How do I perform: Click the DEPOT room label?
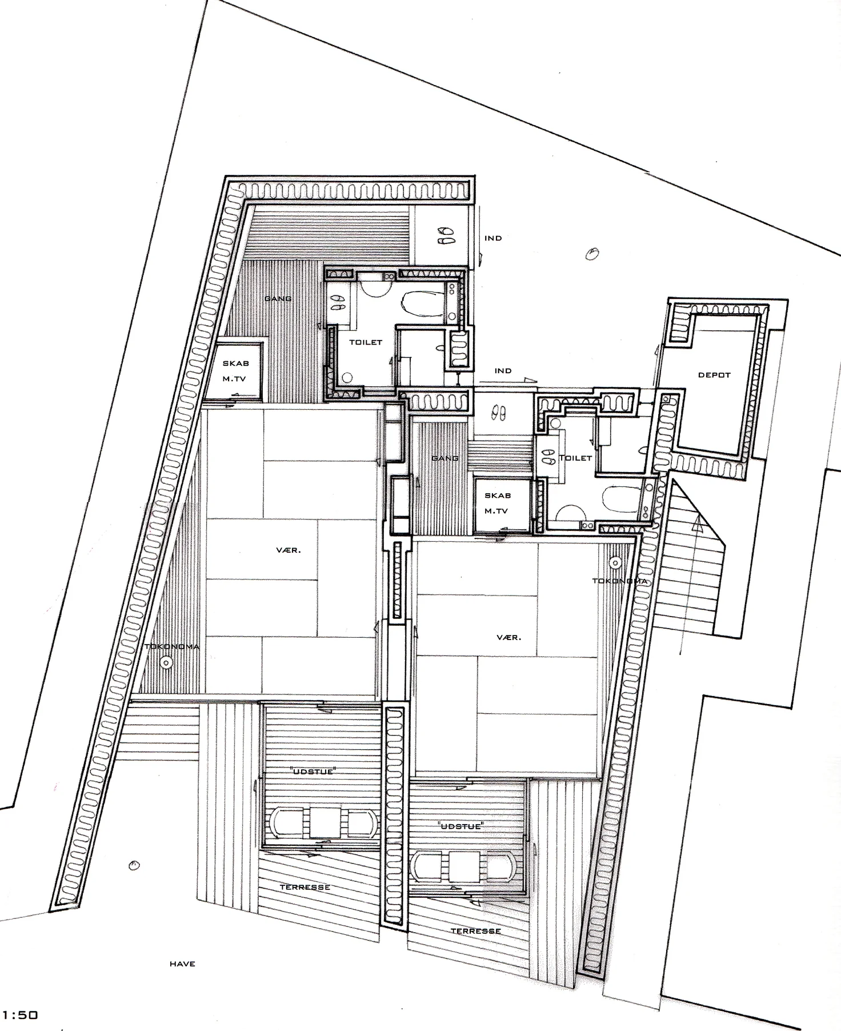714,375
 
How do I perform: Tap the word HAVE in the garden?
182,964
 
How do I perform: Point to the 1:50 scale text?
20,1016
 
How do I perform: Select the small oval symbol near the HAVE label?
134,865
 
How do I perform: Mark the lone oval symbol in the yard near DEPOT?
594,252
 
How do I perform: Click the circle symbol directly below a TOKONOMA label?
166,662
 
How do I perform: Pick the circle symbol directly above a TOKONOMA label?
615,562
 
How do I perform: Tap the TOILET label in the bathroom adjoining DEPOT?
575,458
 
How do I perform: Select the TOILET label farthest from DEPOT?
366,342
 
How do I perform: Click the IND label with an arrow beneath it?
503,371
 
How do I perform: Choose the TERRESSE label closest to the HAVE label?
305,888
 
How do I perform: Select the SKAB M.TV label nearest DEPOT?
497,503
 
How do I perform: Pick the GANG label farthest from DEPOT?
278,299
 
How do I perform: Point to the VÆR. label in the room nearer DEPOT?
509,637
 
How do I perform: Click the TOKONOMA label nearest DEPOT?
619,581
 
